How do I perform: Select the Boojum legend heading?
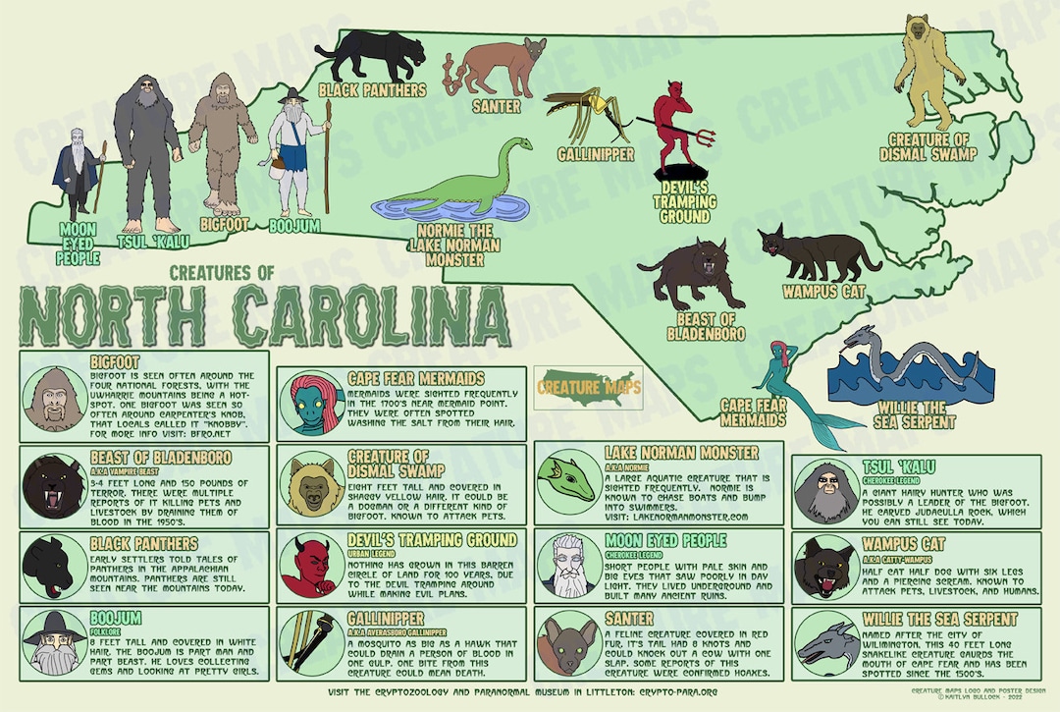click(116, 618)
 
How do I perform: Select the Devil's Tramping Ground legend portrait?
click(310, 567)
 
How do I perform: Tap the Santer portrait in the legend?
click(568, 645)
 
